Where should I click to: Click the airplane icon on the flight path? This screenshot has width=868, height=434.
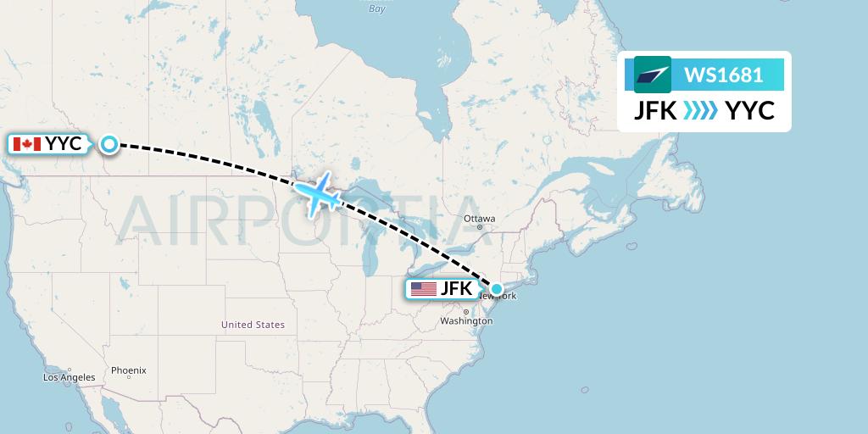coord(320,194)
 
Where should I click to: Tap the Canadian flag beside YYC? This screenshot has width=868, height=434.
coord(27,144)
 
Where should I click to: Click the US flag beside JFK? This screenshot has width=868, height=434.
coord(423,289)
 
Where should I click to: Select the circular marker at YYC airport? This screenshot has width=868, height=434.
coord(109,144)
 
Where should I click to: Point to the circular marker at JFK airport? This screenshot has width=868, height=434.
coord(497,289)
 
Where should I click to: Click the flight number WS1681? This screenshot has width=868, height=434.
coord(723,75)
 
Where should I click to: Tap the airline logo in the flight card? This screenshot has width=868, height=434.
coord(652,75)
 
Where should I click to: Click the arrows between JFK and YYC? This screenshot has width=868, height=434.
coord(700,111)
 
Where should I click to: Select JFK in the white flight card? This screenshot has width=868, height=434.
coord(655,111)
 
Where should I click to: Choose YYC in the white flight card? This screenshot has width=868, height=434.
coord(749,111)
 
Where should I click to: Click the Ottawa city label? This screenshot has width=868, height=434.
coord(479,218)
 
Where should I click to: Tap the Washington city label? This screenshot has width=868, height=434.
coord(466,322)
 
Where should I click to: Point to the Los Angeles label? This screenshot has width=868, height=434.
coord(70,377)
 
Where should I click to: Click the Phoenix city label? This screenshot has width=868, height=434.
coord(128,370)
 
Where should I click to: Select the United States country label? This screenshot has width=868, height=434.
coord(253,325)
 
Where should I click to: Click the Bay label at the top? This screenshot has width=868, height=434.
coord(377,8)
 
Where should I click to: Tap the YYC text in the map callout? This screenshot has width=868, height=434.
coord(64,144)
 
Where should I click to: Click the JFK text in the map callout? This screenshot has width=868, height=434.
coord(455,289)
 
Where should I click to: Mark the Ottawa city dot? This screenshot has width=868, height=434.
coord(479,226)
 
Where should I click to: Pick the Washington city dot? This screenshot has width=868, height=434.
coord(465,312)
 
